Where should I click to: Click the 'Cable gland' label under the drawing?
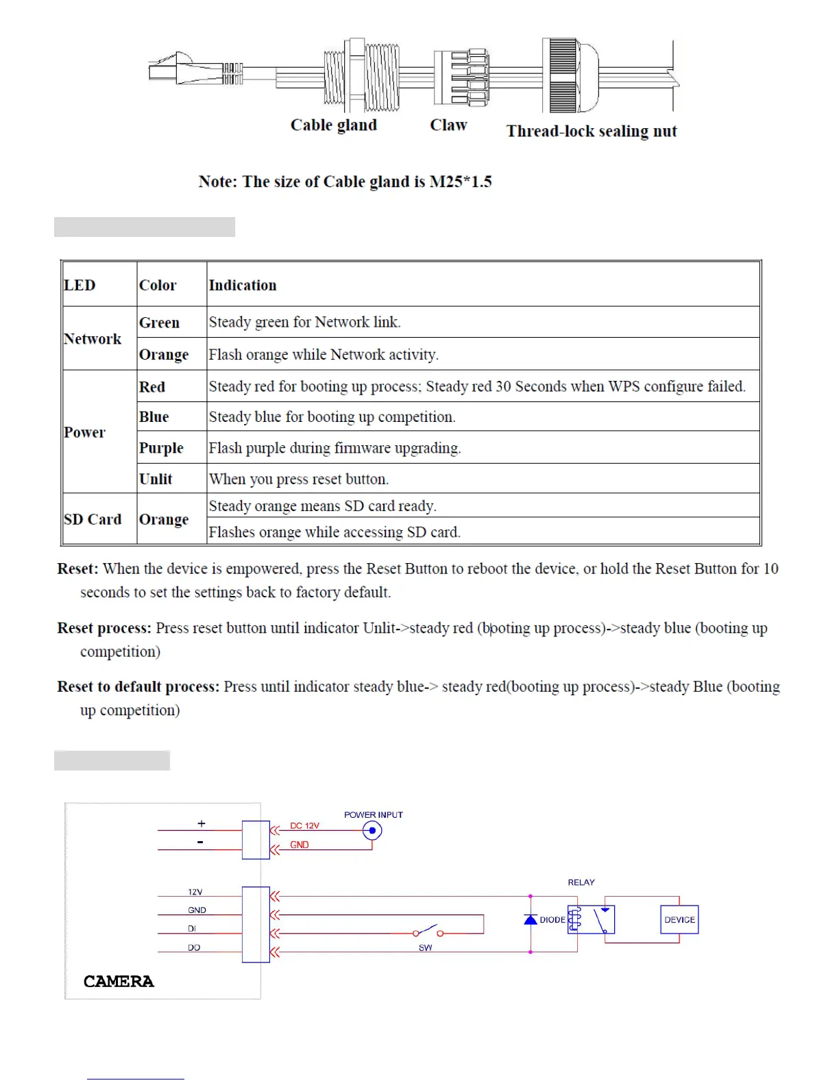333,125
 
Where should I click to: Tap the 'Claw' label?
448,125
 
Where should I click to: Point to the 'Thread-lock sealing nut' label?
591,131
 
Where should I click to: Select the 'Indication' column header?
243,285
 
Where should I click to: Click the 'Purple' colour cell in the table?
161,448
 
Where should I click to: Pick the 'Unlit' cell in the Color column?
156,479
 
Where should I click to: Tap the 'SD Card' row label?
93,519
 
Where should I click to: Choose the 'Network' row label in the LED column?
93,338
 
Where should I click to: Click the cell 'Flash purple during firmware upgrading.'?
335,448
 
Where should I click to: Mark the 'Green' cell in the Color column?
159,322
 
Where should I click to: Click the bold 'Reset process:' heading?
104,628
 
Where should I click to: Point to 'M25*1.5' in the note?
461,182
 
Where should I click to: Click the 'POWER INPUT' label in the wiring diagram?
373,814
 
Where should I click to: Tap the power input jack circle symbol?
372,831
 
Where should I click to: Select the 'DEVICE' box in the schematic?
679,919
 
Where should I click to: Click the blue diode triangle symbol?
531,919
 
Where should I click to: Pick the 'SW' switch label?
425,947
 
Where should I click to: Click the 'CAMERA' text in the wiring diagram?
119,982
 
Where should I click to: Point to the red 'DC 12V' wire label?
304,825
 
